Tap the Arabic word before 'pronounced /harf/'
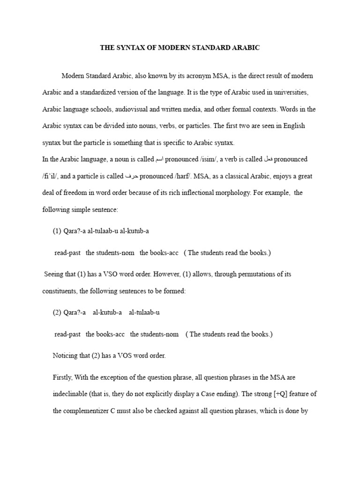tap(131, 176)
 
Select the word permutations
tap(236, 274)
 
